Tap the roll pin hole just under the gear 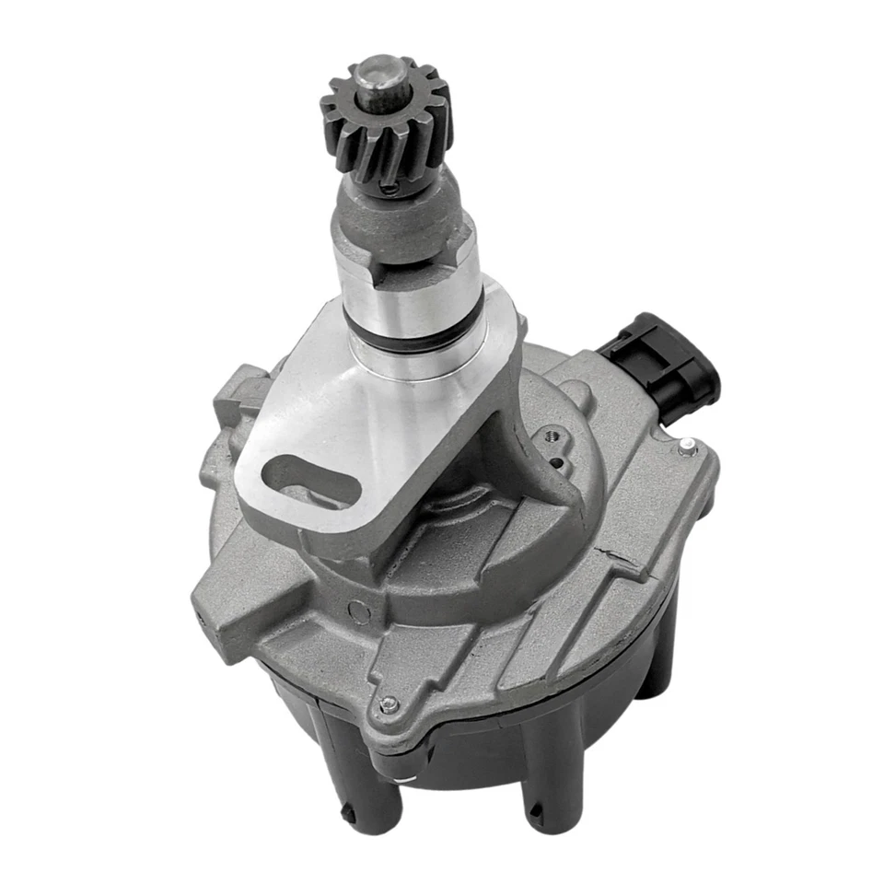[393, 188]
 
